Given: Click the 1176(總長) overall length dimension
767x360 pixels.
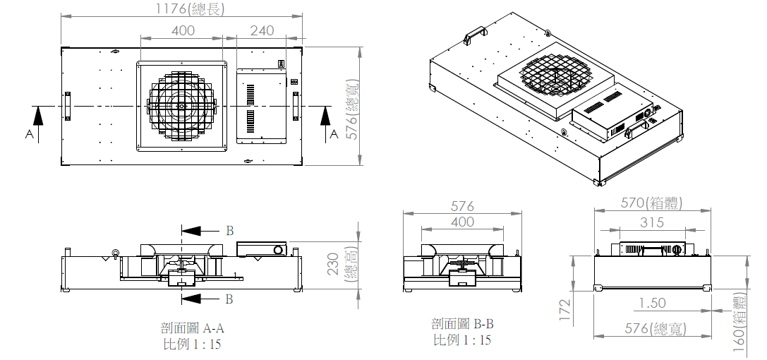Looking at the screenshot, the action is (x=190, y=8).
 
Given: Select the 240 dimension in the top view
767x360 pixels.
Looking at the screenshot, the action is (x=262, y=30).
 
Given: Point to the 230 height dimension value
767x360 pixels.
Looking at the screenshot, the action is (x=334, y=263).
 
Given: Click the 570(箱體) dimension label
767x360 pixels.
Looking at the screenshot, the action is (x=651, y=203).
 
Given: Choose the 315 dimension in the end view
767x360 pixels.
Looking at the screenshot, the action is (x=652, y=222).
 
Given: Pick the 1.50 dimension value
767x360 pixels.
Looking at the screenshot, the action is (x=653, y=304).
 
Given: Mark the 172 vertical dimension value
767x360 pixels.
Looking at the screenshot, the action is (x=565, y=310).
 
